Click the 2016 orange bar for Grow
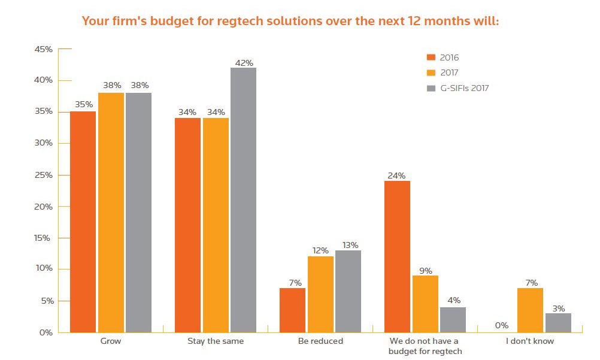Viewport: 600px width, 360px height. [x=83, y=222]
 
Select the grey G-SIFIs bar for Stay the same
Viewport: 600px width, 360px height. [x=244, y=200]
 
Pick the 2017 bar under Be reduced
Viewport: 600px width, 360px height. [x=320, y=294]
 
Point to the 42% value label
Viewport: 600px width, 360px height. [x=244, y=62]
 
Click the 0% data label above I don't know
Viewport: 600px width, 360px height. [x=502, y=326]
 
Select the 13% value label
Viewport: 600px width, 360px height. [x=350, y=245]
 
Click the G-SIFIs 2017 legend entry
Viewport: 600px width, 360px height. [x=464, y=88]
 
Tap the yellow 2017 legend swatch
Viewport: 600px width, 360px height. [x=431, y=73]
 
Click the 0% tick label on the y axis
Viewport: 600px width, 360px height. [x=47, y=332]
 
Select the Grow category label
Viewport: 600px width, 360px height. [x=110, y=341]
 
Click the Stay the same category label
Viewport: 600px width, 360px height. [x=215, y=341]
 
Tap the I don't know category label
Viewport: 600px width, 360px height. [x=530, y=341]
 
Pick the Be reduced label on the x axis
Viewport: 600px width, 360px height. [x=320, y=341]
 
